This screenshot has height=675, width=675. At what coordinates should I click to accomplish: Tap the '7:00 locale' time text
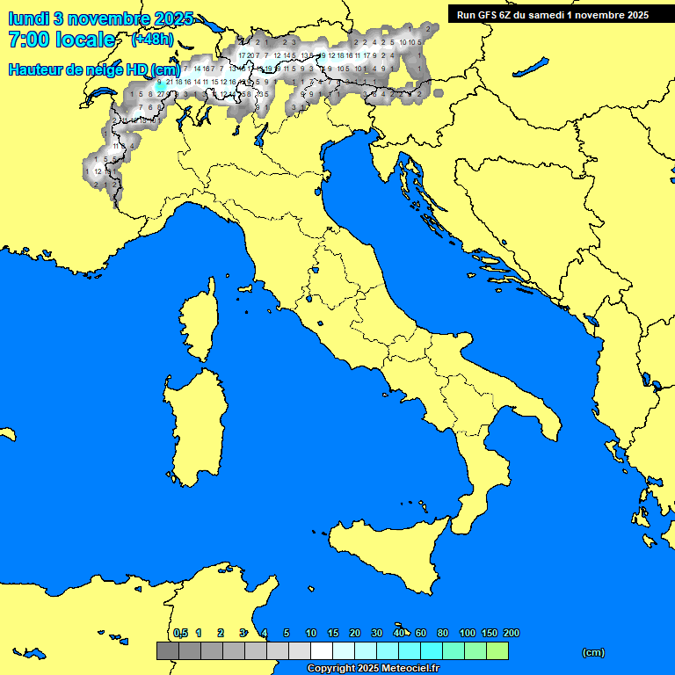[62, 40]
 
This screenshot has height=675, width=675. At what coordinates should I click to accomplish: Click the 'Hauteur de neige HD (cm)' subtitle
[94, 69]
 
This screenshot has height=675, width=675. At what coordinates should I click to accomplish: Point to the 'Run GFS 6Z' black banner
[553, 14]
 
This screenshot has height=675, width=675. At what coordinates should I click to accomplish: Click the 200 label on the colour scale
[512, 633]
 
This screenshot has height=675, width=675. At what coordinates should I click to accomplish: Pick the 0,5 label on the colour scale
[180, 633]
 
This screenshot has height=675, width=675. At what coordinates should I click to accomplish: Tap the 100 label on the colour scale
[468, 633]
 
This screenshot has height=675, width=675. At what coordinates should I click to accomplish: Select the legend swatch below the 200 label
[497, 650]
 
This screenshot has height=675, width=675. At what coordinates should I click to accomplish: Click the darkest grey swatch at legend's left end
[167, 650]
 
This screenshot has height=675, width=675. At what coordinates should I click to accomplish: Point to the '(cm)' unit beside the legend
[593, 652]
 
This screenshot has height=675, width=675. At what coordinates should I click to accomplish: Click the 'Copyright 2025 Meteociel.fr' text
[373, 669]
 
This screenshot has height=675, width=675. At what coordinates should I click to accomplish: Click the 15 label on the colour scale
[333, 633]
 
